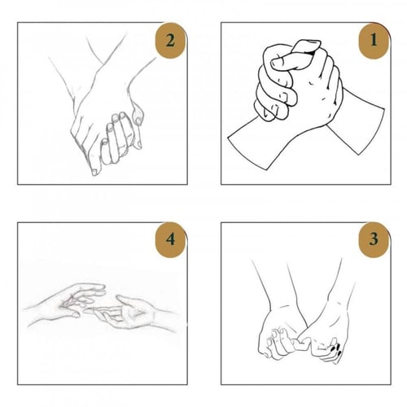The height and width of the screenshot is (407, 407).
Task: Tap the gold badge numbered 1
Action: [x=371, y=40]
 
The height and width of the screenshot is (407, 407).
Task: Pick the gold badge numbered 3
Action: [x=371, y=240]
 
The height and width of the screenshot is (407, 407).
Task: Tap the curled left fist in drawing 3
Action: [x=277, y=342]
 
